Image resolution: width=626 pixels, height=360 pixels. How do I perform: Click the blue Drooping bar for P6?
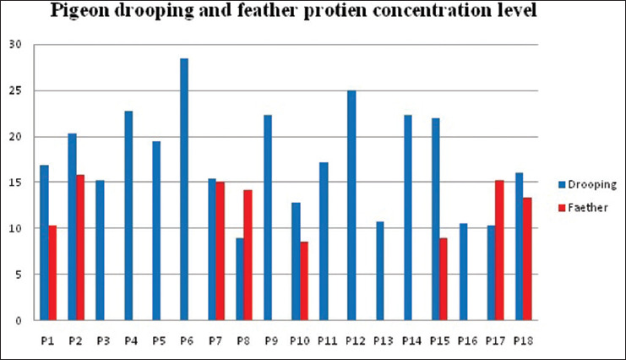pyautogui.click(x=184, y=189)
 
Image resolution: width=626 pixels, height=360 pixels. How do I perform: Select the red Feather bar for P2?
pyautogui.click(x=80, y=248)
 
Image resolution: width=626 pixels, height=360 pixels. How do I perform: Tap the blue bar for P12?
pyautogui.click(x=351, y=205)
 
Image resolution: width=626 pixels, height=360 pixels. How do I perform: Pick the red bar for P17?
pyautogui.click(x=499, y=250)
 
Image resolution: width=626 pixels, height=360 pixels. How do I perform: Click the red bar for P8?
pyautogui.click(x=248, y=255)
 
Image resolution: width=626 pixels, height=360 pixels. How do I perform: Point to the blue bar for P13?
pyautogui.click(x=379, y=271)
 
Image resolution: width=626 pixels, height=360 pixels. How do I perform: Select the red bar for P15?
pyautogui.click(x=444, y=279)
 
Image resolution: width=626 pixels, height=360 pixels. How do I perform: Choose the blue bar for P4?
pyautogui.click(x=128, y=215)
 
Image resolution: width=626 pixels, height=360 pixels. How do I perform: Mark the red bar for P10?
pyautogui.click(x=304, y=281)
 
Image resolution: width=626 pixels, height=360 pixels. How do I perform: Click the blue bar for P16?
pyautogui.click(x=463, y=272)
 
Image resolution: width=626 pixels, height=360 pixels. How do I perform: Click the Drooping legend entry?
pyautogui.click(x=588, y=184)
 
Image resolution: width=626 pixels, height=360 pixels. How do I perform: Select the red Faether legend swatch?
pyautogui.click(x=562, y=208)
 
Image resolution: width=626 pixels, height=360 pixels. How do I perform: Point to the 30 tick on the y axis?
pyautogui.click(x=15, y=44)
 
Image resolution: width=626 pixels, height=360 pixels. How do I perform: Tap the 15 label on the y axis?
pyautogui.click(x=15, y=183)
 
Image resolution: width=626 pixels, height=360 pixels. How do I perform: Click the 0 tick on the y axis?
pyautogui.click(x=19, y=320)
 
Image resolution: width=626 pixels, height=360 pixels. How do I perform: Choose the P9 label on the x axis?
pyautogui.click(x=271, y=341)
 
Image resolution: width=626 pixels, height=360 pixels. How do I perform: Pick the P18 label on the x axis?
pyautogui.click(x=524, y=341)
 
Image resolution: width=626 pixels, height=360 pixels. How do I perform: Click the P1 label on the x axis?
pyautogui.click(x=47, y=341)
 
